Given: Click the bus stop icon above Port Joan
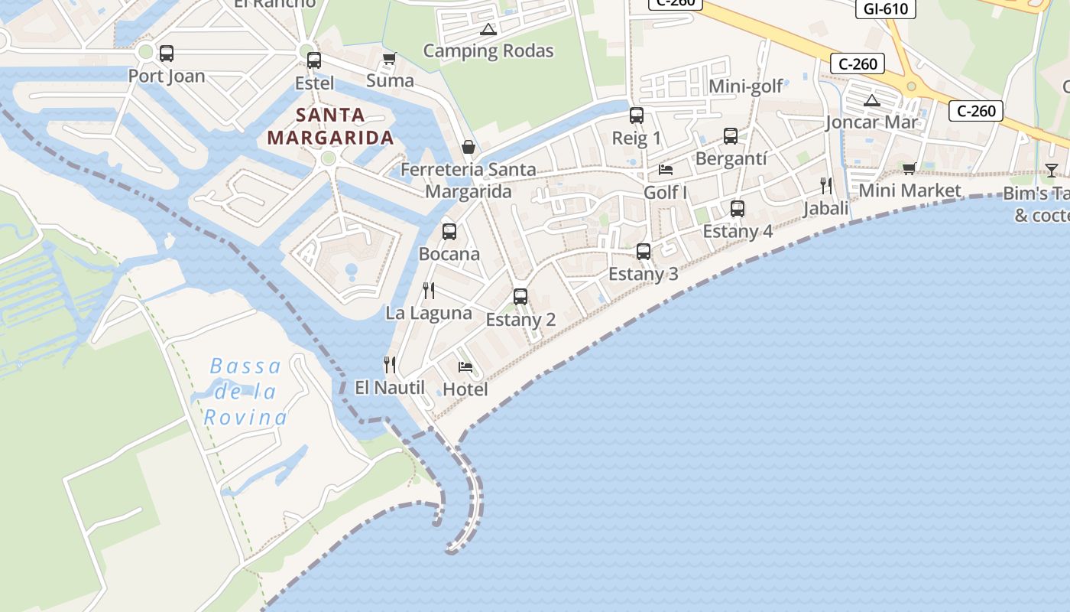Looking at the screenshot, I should coord(166,54).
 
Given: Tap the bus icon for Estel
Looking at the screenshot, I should coord(313,60).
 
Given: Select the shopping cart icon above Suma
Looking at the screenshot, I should coord(390,59).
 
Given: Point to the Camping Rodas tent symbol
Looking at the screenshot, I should coord(488,30).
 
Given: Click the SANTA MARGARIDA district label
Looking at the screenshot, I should coord(331,127).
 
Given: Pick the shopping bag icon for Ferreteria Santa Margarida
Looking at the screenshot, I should coord(469,147).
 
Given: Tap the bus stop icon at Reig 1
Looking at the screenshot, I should coord(637,116).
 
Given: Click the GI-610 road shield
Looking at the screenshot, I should coord(885,9).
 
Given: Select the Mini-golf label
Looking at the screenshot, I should coord(746,86).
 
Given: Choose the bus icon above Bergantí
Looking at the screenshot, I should coord(731,136).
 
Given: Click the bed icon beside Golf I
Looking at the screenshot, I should coord(666,169).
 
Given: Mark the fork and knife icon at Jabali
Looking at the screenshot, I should coord(826,185).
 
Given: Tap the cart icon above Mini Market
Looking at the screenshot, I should coord(909,168).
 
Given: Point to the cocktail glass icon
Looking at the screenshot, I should coord(1052,170).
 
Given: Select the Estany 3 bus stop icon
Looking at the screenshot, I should coord(644,251).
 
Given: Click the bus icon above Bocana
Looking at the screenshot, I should coord(449,231).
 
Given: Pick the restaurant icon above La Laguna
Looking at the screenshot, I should coord(429,290).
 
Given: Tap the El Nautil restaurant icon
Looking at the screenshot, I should coord(390,364).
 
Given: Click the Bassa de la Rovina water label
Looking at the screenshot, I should coord(245,392).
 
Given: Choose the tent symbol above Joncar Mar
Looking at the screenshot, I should coord(871,100).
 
